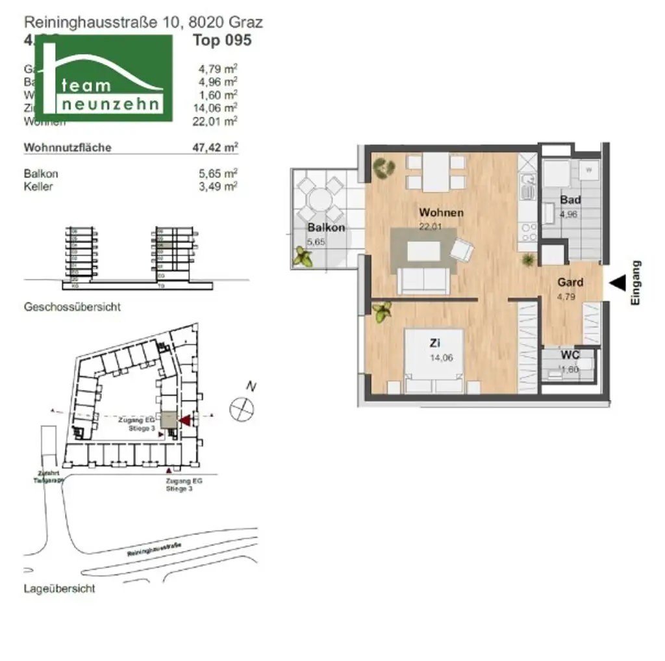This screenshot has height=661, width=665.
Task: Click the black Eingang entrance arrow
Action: [x=617, y=282]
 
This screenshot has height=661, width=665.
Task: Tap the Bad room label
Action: [x=570, y=200]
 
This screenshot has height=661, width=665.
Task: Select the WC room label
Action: [x=570, y=356]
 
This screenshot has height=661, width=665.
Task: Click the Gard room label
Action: [x=570, y=283]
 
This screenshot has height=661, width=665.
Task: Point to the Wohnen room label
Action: [x=441, y=213]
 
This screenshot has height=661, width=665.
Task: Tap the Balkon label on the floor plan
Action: [x=326, y=227]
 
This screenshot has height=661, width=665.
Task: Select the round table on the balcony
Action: [x=318, y=198]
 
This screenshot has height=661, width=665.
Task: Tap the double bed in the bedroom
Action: [x=434, y=361]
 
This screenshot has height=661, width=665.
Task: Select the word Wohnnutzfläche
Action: [x=68, y=148]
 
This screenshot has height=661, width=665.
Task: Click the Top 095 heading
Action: [x=222, y=40]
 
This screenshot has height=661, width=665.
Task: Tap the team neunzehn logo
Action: [x=103, y=78]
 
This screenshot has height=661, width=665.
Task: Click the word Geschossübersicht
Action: [x=71, y=307]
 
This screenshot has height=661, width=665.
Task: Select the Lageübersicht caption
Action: [x=59, y=589]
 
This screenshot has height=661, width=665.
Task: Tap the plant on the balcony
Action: [x=303, y=257]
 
